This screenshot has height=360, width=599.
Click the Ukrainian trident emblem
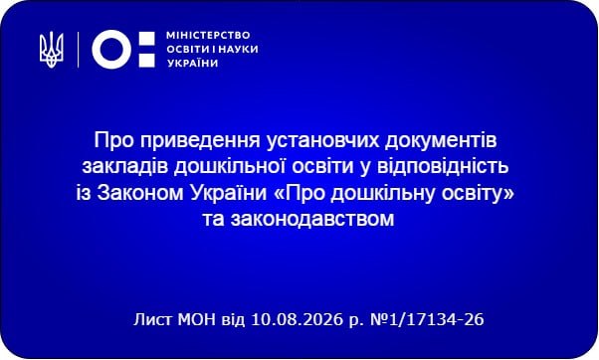point(51,50)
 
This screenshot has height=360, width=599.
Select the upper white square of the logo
point(146,38)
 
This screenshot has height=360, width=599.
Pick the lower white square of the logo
point(146,61)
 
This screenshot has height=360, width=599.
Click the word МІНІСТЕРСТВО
point(208,36)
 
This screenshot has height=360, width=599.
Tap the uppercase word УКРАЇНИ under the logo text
point(193,63)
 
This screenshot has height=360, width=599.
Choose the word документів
point(441,141)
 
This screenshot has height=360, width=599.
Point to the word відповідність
point(443,167)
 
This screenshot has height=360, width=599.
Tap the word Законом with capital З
point(140,193)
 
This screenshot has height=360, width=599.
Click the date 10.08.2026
point(297,319)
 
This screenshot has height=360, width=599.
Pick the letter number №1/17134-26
point(427,319)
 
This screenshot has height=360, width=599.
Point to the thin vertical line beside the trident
point(79,50)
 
